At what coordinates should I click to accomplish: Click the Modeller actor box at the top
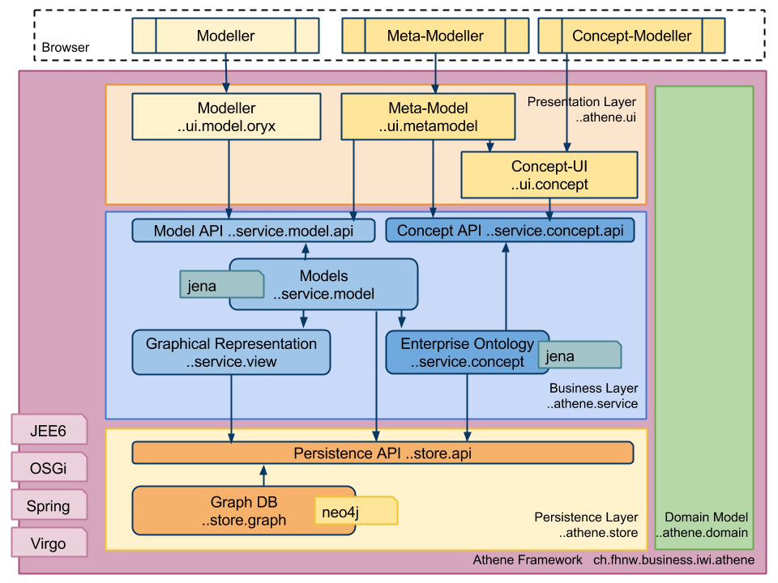[225, 36]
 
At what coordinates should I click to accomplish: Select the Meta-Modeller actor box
[435, 36]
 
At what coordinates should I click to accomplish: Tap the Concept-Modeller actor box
[631, 36]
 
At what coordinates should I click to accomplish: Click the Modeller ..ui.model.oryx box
[226, 117]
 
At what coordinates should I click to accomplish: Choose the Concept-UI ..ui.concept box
[549, 176]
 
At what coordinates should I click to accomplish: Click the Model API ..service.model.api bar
[254, 231]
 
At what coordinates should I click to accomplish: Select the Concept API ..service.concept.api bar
[510, 231]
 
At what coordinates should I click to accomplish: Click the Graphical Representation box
[231, 352]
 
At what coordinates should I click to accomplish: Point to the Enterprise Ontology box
[467, 352]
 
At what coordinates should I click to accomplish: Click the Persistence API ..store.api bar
[383, 453]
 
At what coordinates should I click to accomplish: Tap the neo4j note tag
[356, 510]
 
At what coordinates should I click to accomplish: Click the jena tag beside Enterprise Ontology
[579, 356]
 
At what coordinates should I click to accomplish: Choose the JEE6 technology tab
[49, 431]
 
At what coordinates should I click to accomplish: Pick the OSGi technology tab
[49, 469]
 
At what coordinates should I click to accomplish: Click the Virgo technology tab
[49, 543]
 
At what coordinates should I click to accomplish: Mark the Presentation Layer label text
[581, 102]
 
